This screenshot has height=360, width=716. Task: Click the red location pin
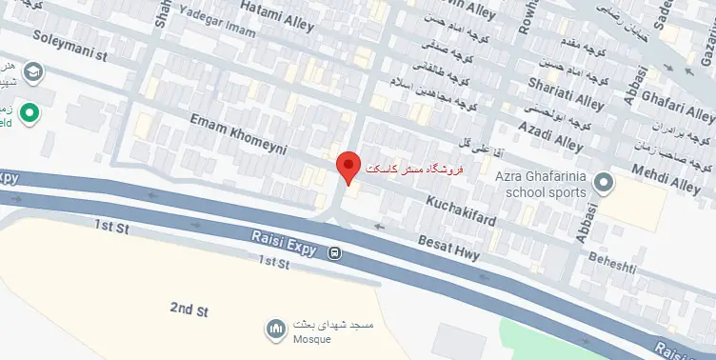pos(349,168)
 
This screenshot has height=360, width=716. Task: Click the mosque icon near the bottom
pos(276,329)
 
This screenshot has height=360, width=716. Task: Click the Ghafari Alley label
pos(673,99)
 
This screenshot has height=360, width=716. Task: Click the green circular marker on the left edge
pos(30,114)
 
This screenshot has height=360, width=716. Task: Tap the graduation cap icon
pos(33,71)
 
